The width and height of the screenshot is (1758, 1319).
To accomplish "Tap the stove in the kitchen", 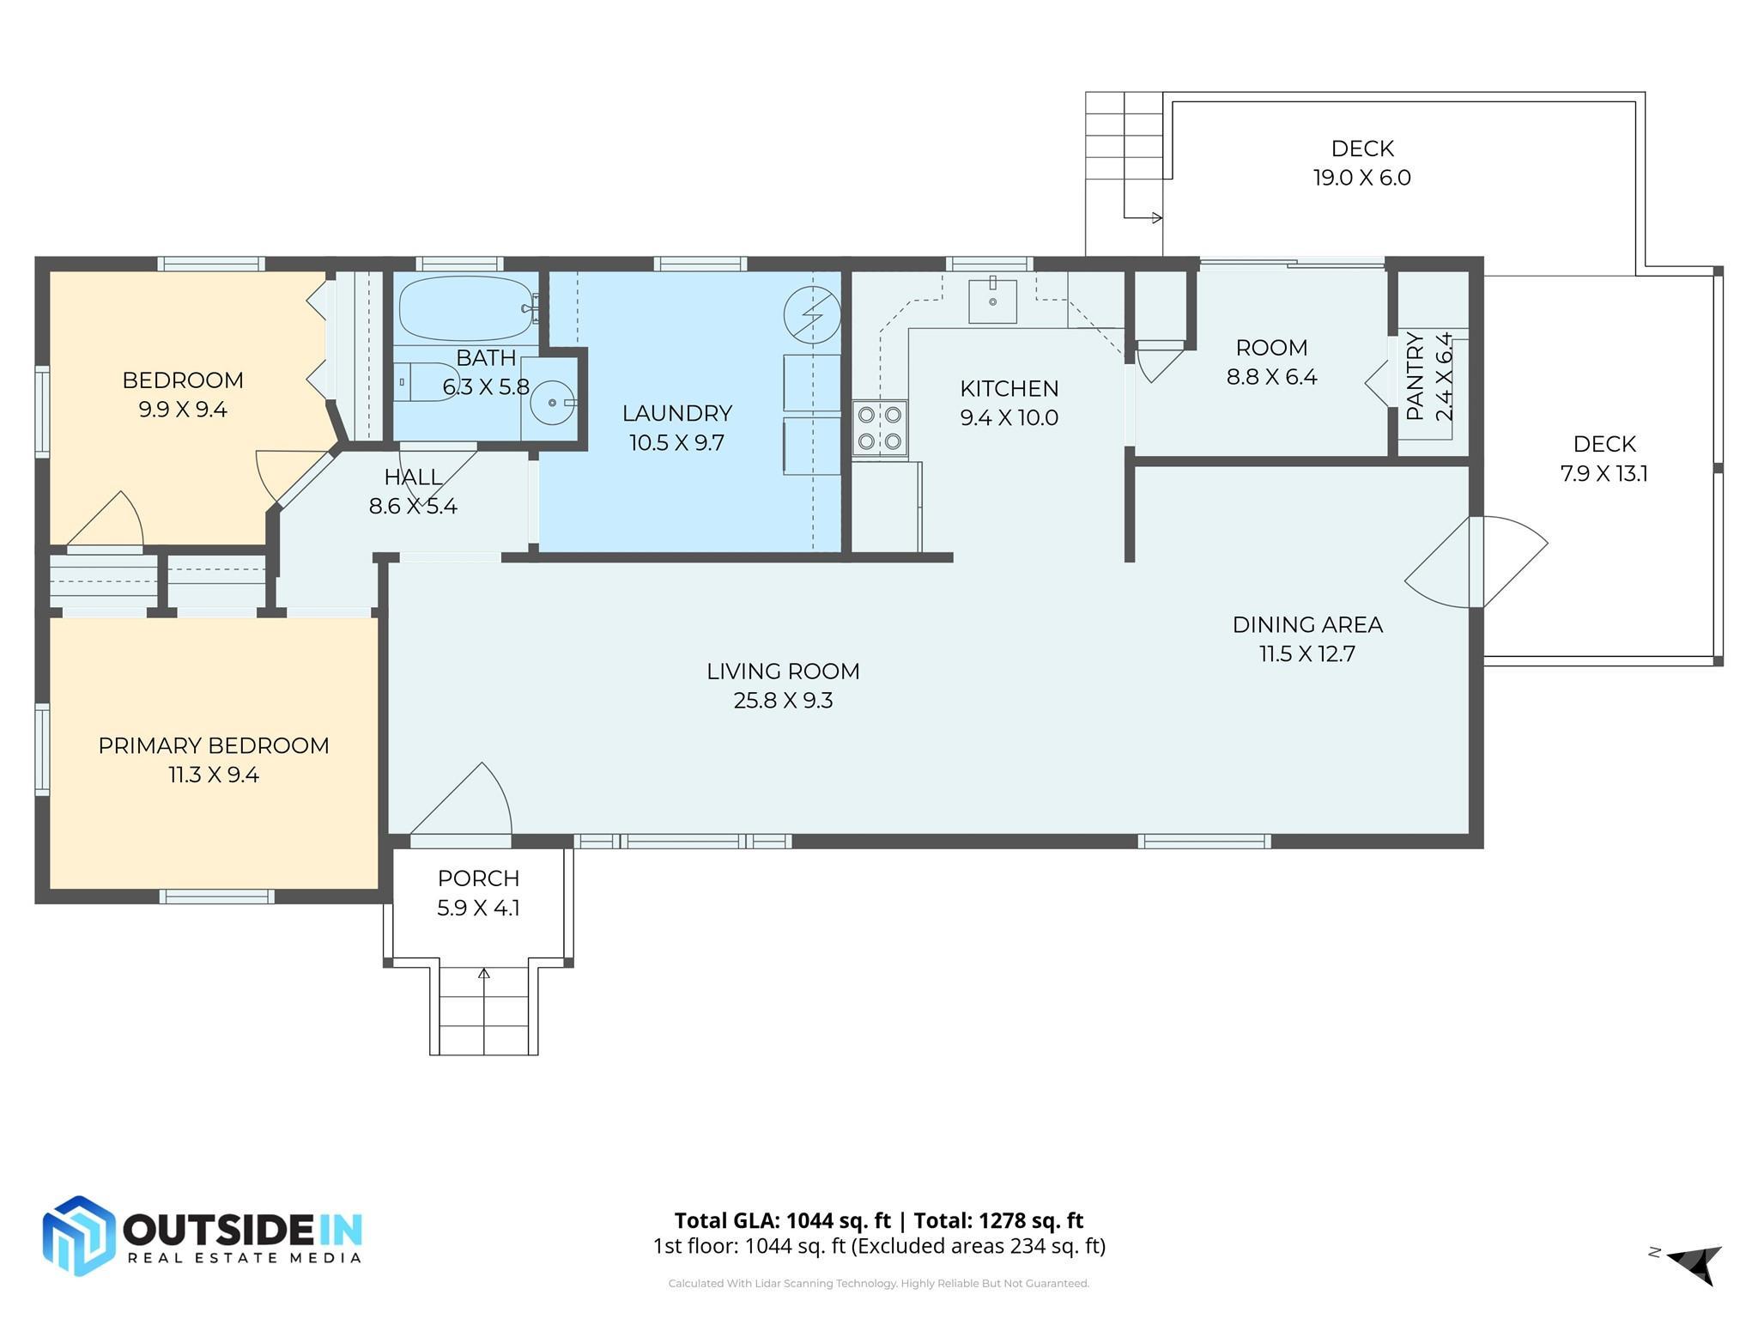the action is click(x=880, y=428).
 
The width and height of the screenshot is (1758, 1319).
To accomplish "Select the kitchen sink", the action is click(x=992, y=301).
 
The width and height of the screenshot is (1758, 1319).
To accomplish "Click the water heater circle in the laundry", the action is click(x=812, y=314).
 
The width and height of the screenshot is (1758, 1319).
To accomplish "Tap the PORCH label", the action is click(x=478, y=878).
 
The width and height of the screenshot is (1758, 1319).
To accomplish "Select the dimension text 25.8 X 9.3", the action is click(x=783, y=701).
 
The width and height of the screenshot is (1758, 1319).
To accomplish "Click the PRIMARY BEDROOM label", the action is click(x=214, y=745).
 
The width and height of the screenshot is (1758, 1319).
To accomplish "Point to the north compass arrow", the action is click(x=1694, y=1262).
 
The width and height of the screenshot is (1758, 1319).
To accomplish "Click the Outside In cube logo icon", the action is click(x=79, y=1236).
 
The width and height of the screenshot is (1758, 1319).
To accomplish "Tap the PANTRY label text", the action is click(x=1415, y=376).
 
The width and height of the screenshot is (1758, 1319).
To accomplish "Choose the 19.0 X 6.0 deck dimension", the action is click(x=1361, y=178).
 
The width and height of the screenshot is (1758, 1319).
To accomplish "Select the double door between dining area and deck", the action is click(x=1476, y=562).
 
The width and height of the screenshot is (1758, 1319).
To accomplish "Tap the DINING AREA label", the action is click(x=1307, y=625).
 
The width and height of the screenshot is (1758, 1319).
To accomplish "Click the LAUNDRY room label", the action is click(x=677, y=414).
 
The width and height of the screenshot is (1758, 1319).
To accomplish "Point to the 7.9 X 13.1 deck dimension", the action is click(x=1603, y=474).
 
